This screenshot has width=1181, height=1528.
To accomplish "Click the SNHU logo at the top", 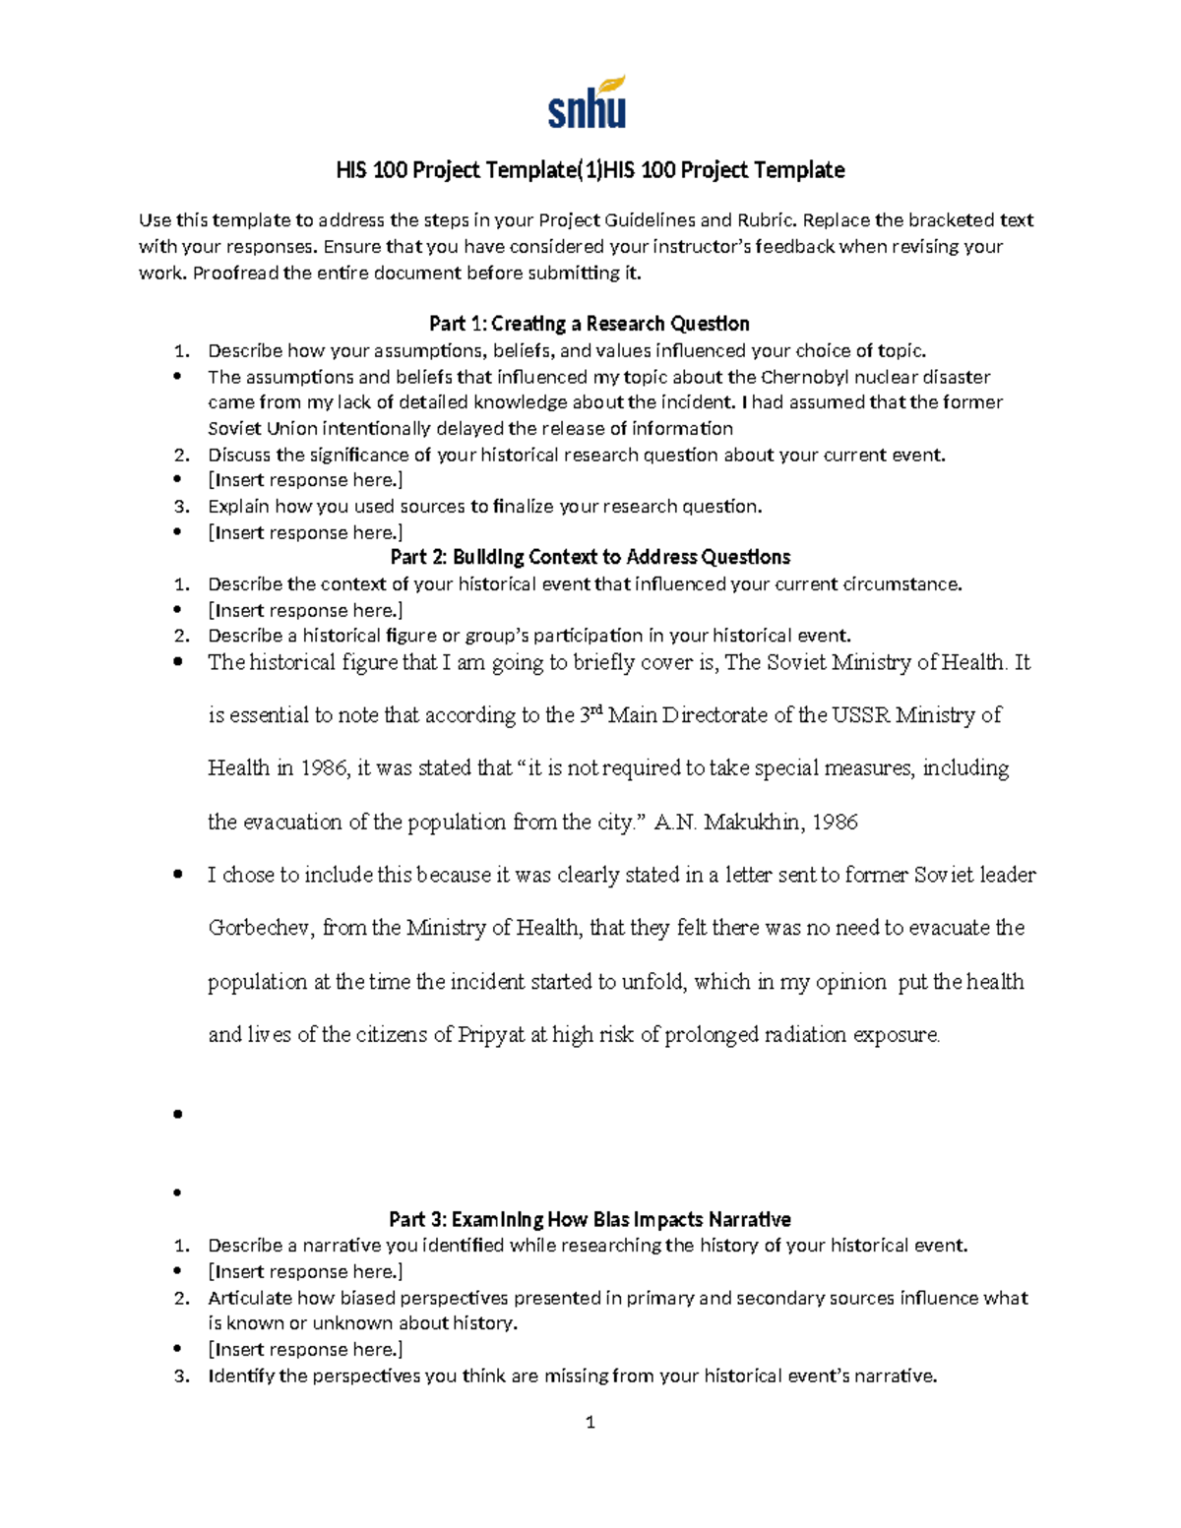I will pyautogui.click(x=588, y=103).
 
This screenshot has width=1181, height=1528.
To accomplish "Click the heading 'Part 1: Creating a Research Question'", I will pyautogui.click(x=590, y=324).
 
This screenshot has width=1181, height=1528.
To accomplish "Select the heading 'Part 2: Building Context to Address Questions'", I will pyautogui.click(x=590, y=557).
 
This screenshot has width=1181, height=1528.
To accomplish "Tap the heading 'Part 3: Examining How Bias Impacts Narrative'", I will pyautogui.click(x=590, y=1219).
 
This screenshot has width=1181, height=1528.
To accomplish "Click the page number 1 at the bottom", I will pyautogui.click(x=590, y=1422).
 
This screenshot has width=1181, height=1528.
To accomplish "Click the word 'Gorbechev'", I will pyautogui.click(x=259, y=928).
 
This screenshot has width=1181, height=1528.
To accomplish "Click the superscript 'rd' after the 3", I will pyautogui.click(x=594, y=709).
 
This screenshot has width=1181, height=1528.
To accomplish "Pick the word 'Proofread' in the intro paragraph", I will pyautogui.click(x=235, y=273).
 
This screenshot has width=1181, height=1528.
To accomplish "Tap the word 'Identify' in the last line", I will pyautogui.click(x=240, y=1375).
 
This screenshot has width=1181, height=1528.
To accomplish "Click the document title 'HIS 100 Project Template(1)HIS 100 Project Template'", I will pyautogui.click(x=590, y=170).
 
